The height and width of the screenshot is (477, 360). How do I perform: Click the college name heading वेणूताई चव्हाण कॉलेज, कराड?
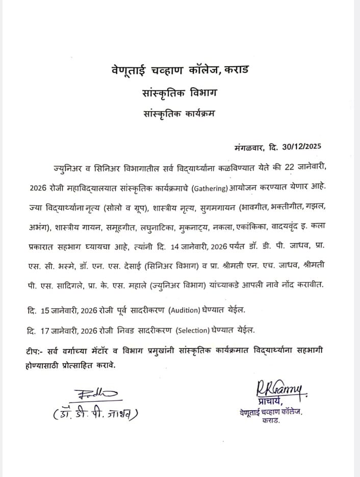180,69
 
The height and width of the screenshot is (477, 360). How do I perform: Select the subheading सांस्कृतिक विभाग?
179,93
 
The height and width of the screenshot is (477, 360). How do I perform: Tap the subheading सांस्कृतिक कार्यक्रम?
179,114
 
